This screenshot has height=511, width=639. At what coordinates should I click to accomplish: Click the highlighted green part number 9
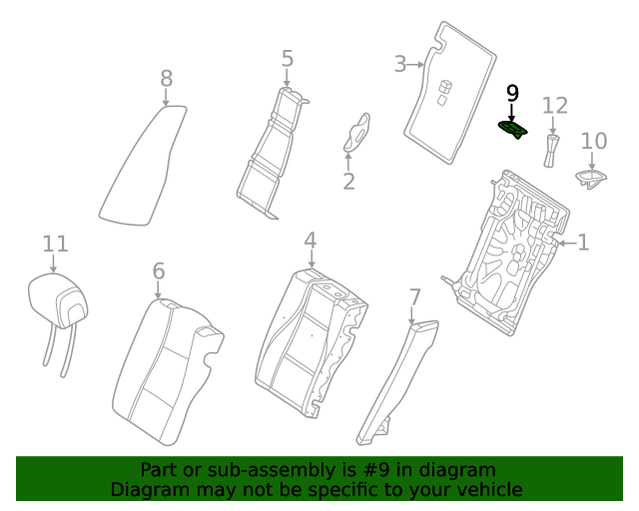pyautogui.click(x=513, y=130)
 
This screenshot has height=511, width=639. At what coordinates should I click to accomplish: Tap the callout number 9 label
pyautogui.click(x=512, y=93)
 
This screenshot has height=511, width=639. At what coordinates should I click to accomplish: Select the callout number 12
pyautogui.click(x=555, y=106)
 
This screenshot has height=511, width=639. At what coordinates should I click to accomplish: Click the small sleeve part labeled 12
pyautogui.click(x=551, y=151)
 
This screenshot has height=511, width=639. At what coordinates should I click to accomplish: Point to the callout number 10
pyautogui.click(x=594, y=141)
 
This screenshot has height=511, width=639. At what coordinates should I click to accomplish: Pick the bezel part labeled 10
pyautogui.click(x=590, y=179)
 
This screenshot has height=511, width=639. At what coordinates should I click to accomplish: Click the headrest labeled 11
pyautogui.click(x=58, y=301)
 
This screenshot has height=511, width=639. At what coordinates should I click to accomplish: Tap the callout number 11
pyautogui.click(x=55, y=245)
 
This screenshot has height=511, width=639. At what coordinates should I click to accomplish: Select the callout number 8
pyautogui.click(x=167, y=78)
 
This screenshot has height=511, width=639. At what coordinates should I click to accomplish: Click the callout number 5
pyautogui.click(x=288, y=59)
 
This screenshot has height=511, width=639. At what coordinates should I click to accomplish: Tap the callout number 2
pyautogui.click(x=348, y=182)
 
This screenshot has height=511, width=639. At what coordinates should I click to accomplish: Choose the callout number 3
pyautogui.click(x=400, y=64)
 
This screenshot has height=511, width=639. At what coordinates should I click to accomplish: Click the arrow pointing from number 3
pyautogui.click(x=415, y=65)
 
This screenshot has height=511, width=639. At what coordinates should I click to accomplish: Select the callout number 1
pyautogui.click(x=583, y=243)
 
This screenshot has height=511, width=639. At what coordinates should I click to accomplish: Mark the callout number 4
pyautogui.click(x=311, y=240)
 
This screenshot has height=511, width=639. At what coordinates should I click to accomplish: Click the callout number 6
pyautogui.click(x=159, y=271)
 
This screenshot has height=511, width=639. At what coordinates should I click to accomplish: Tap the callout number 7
pyautogui.click(x=414, y=297)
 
